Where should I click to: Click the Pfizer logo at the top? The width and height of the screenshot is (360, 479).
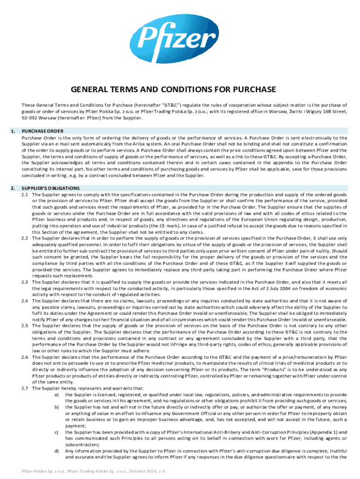180,36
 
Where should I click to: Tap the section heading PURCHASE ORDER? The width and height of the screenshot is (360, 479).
43,131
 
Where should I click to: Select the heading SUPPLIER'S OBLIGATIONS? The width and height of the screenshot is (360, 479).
52,188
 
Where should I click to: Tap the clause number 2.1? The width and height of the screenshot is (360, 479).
26,194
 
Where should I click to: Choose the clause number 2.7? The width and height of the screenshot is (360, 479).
26,388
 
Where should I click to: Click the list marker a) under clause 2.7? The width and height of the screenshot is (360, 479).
57,394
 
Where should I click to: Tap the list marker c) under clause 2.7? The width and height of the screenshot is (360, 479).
57,433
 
